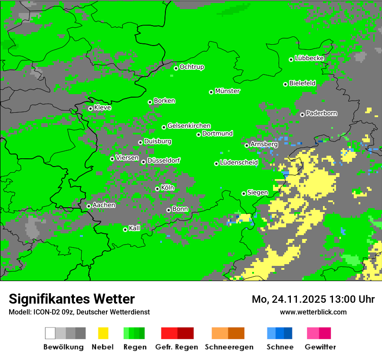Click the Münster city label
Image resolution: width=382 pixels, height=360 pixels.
(x=227, y=91)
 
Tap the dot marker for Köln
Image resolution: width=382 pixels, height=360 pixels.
(x=157, y=189)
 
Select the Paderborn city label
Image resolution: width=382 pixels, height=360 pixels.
(x=321, y=113)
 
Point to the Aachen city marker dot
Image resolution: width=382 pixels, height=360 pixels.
(x=89, y=206)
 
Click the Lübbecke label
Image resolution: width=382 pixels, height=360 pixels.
(x=309, y=58)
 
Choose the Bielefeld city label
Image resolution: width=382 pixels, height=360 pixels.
(x=302, y=83)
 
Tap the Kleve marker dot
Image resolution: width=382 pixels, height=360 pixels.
(x=90, y=108)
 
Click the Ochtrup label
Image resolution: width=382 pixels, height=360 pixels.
(x=191, y=67)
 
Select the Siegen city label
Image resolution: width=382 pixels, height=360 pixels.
(x=257, y=193)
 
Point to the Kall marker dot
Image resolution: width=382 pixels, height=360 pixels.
(x=125, y=229)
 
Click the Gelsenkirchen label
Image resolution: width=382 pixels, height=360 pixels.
(x=189, y=126)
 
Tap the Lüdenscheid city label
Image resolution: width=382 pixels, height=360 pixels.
(x=239, y=162)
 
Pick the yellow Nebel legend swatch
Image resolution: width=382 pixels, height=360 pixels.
(x=103, y=333)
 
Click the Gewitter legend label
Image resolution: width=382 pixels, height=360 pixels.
(x=320, y=347)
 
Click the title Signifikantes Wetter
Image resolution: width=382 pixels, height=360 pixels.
(x=72, y=299)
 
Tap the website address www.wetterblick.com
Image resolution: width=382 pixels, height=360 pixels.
(x=313, y=312)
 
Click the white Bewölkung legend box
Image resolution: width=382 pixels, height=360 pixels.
(x=50, y=333)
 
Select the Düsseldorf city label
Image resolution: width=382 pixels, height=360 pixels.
(x=164, y=160)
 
